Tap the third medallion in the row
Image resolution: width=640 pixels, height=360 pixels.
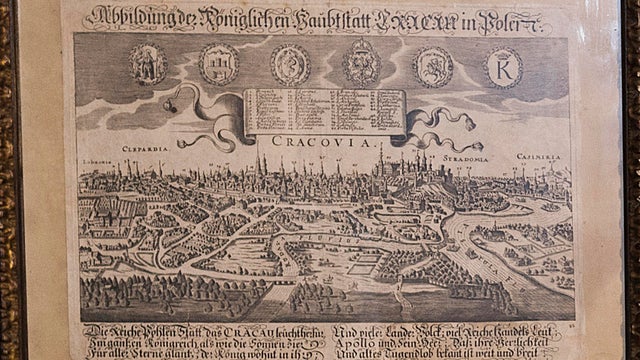291,66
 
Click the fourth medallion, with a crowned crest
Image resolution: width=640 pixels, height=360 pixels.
361,65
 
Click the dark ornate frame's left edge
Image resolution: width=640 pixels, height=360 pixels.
9,180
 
